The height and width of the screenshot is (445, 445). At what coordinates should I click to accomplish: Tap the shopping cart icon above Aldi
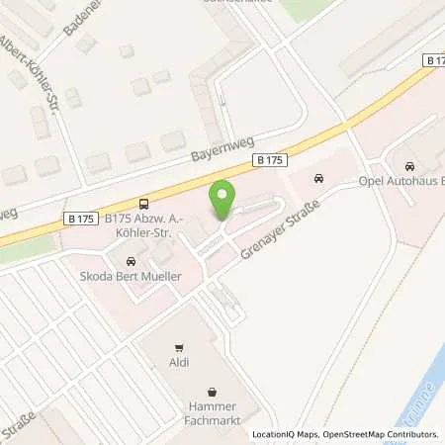(179, 347)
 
